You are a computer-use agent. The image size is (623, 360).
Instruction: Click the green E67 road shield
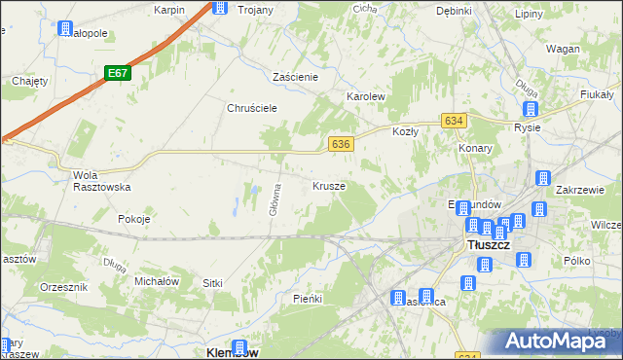pyautogui.click(x=118, y=73)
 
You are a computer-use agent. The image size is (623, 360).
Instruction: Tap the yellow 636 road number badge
pyautogui.click(x=340, y=143)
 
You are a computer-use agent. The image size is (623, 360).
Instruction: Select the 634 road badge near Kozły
pyautogui.click(x=453, y=120)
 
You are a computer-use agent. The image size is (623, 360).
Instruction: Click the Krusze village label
pyautogui.click(x=329, y=185)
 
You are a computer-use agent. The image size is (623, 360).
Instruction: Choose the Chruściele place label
pyautogui.click(x=253, y=108)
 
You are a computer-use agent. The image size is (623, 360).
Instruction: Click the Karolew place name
pyautogui.click(x=367, y=97)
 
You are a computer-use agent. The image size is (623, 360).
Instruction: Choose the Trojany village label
pyautogui.click(x=256, y=9)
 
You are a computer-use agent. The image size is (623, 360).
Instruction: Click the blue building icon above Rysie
pyautogui.click(x=531, y=110)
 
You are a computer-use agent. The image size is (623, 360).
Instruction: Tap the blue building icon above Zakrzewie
pyautogui.click(x=543, y=178)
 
